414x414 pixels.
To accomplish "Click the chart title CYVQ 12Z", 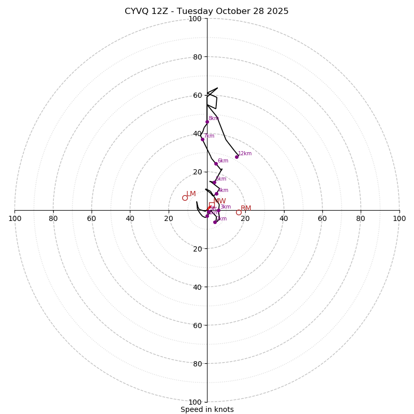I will pos(206,11).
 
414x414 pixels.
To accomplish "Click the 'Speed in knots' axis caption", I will pos(207,409).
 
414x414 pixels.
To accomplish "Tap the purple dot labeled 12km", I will pos(236,157).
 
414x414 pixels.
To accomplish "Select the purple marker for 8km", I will pos(207,122).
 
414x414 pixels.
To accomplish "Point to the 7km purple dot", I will pos(202,139).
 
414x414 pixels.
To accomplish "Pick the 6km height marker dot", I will pos(216,164).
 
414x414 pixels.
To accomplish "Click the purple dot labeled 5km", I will pos(214,183).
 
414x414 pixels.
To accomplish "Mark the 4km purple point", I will pos(216,194).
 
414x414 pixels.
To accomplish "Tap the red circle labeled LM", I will pos(185,198).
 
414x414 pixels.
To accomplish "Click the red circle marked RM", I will pos(239,212).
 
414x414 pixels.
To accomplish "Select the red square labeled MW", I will pos(211,205).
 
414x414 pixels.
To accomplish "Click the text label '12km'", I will pos(245,154).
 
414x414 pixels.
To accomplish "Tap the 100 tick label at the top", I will pos(195,19).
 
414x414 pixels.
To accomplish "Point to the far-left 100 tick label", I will pos(14,218).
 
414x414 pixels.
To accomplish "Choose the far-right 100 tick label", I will pos(399,218).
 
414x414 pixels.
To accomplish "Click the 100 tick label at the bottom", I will pos(195,402).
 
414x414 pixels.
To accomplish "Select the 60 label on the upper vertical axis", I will pos(197,95).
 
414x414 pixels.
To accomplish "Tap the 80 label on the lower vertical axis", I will pos(197,364).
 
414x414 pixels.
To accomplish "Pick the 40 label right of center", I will pos(284,218).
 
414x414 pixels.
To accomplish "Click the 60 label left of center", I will pos(92,218).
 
